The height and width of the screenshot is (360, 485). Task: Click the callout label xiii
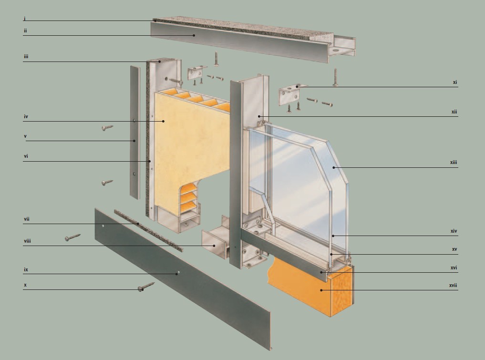[x=453, y=163]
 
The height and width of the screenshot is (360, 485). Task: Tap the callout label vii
[x=27, y=219]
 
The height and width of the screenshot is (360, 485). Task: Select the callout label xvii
[x=453, y=285]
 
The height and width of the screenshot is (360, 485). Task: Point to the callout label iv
[x=26, y=117]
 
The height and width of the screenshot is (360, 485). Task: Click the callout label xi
[x=454, y=82]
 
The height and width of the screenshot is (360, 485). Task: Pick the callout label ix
[x=26, y=270]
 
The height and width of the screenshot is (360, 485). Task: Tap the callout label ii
[x=25, y=31]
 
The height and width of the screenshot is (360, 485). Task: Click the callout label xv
[x=454, y=249]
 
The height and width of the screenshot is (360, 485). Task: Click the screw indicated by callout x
[x=146, y=287]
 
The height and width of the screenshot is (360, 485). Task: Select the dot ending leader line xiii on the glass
[x=334, y=168]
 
